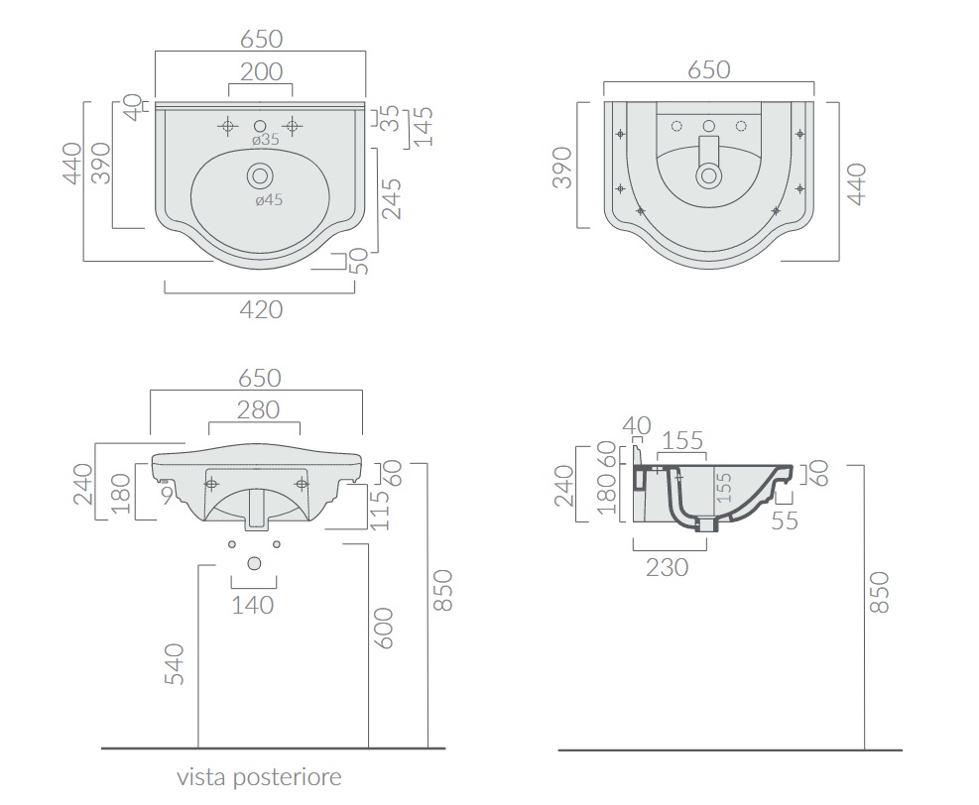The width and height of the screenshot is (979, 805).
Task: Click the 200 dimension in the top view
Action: [x=262, y=71]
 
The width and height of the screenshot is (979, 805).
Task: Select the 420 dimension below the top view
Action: [x=261, y=309]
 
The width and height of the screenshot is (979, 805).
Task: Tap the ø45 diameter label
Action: [x=269, y=199]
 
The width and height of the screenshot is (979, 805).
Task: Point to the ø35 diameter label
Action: [x=266, y=140]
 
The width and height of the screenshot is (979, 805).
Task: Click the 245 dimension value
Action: [x=392, y=199]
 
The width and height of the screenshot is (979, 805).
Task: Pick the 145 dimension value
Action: [x=424, y=127]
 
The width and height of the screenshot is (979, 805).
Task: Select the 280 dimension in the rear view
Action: [x=259, y=410]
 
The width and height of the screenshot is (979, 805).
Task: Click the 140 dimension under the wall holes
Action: [x=253, y=605]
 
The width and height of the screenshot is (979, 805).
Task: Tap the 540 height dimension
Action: [x=175, y=664]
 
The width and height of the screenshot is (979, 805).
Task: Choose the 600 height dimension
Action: [x=383, y=629]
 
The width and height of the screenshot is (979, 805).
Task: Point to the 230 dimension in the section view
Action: [x=667, y=568]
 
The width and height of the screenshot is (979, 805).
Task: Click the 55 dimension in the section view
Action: [x=785, y=521]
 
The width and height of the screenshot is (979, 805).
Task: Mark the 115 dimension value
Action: [x=379, y=510]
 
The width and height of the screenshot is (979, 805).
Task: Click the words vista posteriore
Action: [x=259, y=777]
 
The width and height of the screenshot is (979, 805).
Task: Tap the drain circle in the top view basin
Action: [x=260, y=176]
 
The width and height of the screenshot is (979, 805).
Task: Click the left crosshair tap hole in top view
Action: [x=228, y=126]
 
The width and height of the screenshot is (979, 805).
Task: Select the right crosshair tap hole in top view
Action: [x=292, y=126]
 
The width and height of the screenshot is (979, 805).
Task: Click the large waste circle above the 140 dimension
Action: [x=254, y=563]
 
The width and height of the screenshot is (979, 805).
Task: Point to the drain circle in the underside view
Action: [x=708, y=175]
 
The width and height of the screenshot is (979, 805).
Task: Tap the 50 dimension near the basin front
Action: [x=359, y=262]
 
